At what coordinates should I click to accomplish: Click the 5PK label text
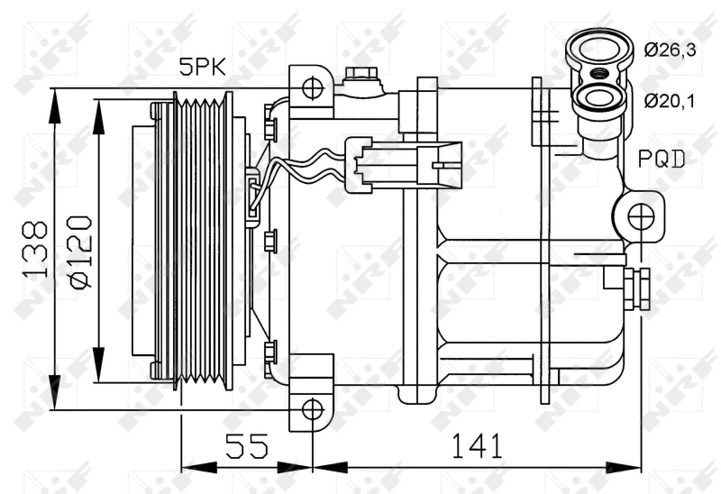point(204,67)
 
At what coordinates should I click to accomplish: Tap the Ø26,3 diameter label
point(671,50)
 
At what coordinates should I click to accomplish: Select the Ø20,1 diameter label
point(671,100)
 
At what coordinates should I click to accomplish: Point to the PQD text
point(662,160)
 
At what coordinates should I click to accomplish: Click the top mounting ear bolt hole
point(312,87)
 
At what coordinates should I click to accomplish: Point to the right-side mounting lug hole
point(641,215)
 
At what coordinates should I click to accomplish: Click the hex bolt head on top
point(360,74)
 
